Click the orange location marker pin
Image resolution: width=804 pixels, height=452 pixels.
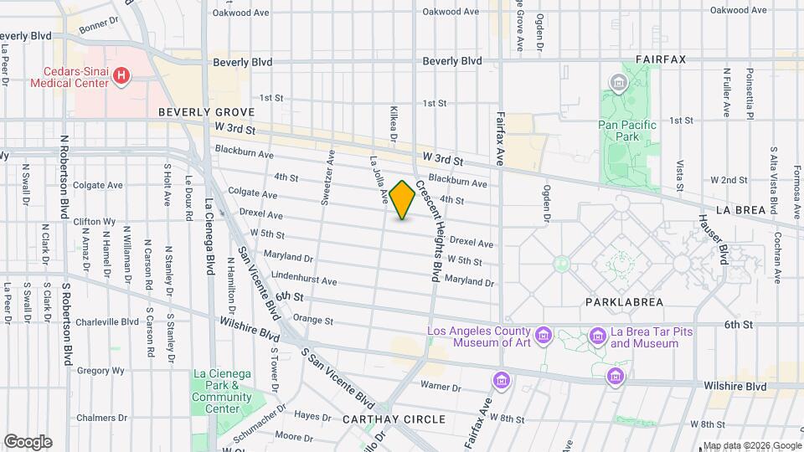tap(403, 200)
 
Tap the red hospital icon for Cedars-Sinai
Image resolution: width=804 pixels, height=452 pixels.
tap(122, 77)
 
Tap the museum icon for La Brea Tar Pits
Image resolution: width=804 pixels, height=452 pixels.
tap(597, 336)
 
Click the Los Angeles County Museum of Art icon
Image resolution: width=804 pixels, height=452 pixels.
tap(544, 336)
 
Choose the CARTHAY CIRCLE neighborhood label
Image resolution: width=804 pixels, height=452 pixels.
tap(394, 419)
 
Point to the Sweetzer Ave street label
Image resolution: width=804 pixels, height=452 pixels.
tap(327, 177)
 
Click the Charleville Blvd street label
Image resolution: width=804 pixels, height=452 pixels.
tap(106, 321)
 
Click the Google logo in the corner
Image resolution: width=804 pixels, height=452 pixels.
tap(28, 441)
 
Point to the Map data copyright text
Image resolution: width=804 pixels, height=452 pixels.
tap(750, 445)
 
